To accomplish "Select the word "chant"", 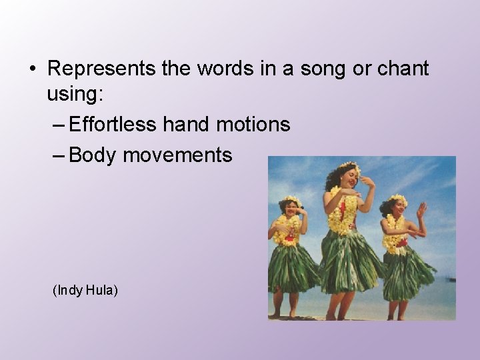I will [401, 69].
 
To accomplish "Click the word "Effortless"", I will [112, 124].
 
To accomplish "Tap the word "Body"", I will [92, 155].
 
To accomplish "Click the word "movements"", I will [177, 155].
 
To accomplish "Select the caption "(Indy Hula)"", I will [85, 290].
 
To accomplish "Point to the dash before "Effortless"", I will [57, 125].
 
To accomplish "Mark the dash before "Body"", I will [57, 156].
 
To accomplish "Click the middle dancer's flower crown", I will [348, 167].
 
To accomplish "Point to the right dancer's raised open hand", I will [421, 210].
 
